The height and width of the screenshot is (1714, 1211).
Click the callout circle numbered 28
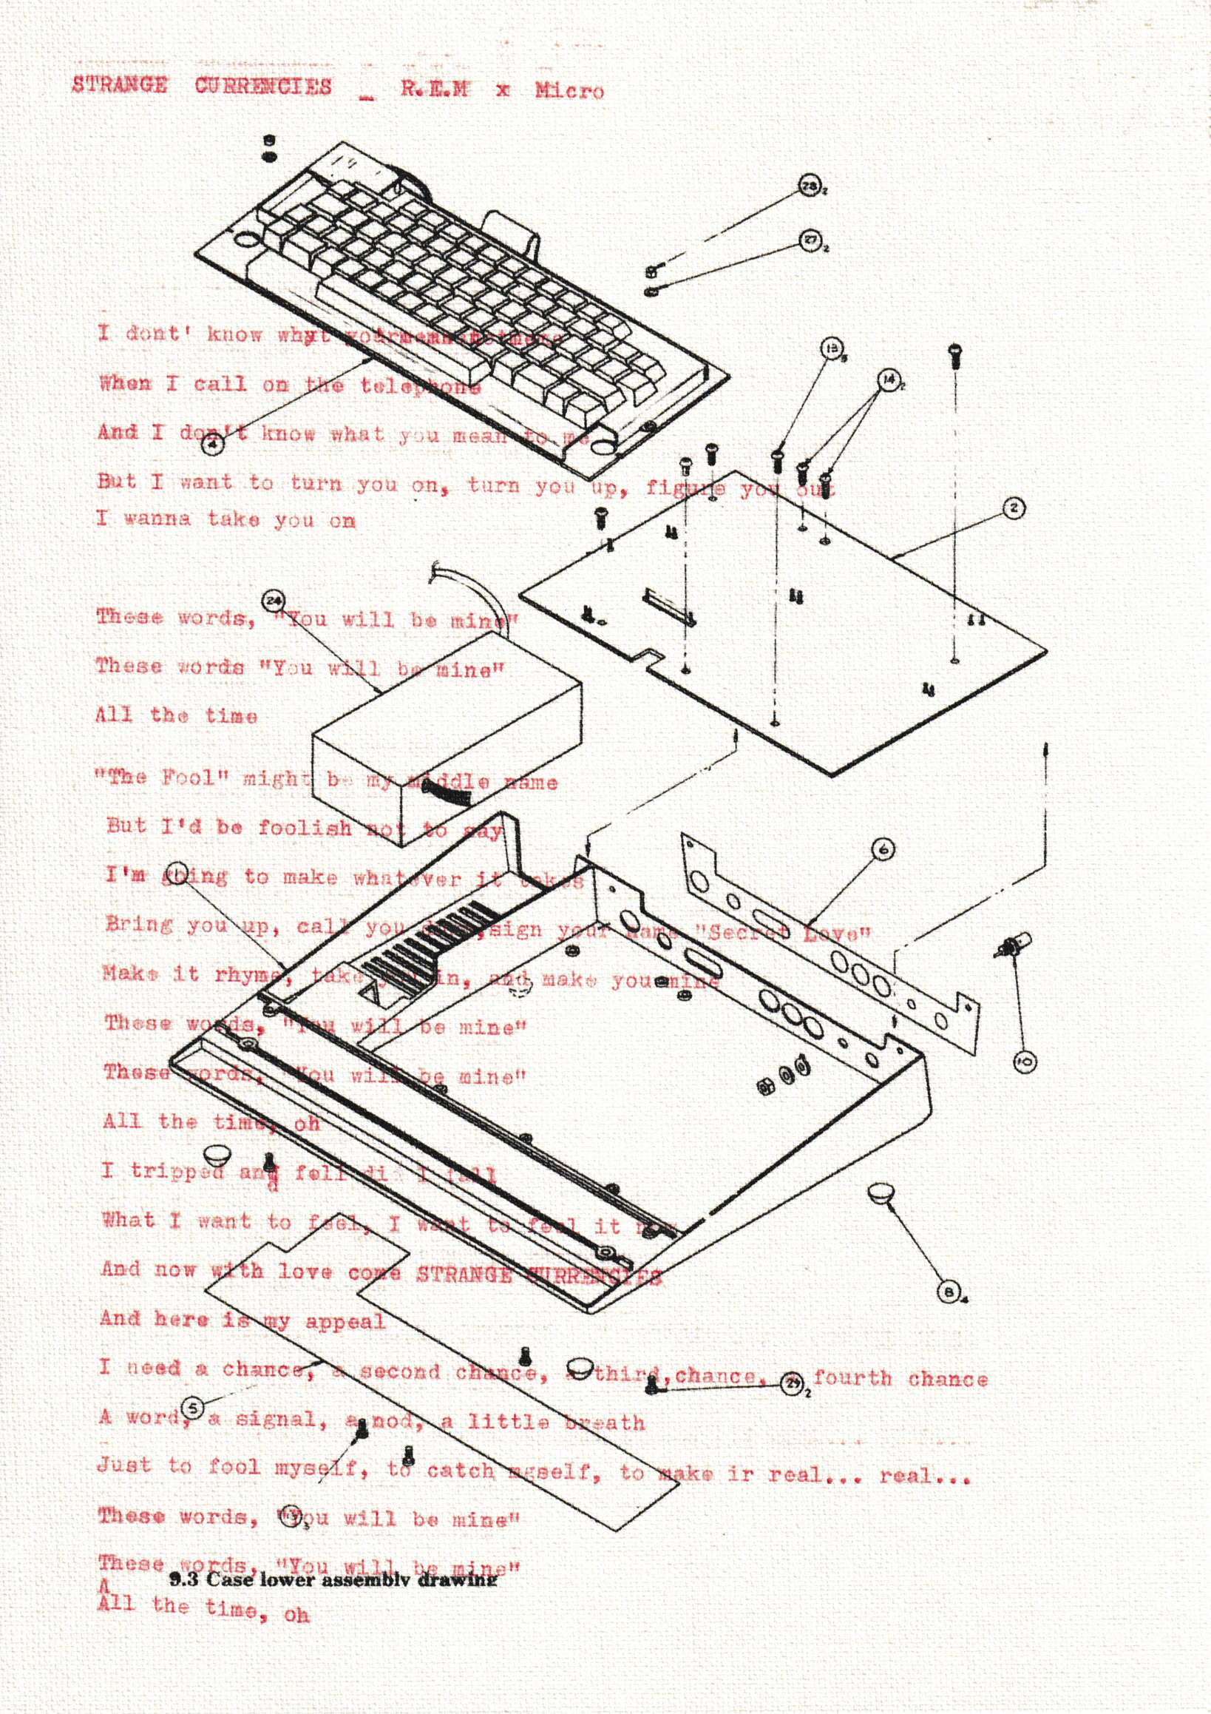[x=809, y=185]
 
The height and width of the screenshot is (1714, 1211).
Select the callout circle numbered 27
[x=810, y=240]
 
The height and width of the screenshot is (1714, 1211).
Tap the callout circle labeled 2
[x=1014, y=508]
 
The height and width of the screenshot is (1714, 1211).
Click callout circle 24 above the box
[x=273, y=600]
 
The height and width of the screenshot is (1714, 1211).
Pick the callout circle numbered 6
[x=883, y=848]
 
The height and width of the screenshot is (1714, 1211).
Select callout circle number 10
[x=1025, y=1062]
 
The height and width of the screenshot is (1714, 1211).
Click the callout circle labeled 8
[x=948, y=1292]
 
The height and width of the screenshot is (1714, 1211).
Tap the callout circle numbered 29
[x=792, y=1383]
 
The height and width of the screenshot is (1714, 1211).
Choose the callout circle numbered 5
[x=193, y=1408]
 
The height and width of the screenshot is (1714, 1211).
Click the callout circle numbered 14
[x=889, y=380]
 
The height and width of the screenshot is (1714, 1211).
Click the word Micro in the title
[x=569, y=91]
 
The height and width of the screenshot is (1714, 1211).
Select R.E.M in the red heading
[x=434, y=89]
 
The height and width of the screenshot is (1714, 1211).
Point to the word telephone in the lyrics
[x=421, y=386]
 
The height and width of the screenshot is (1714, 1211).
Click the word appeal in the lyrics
[x=345, y=1322]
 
